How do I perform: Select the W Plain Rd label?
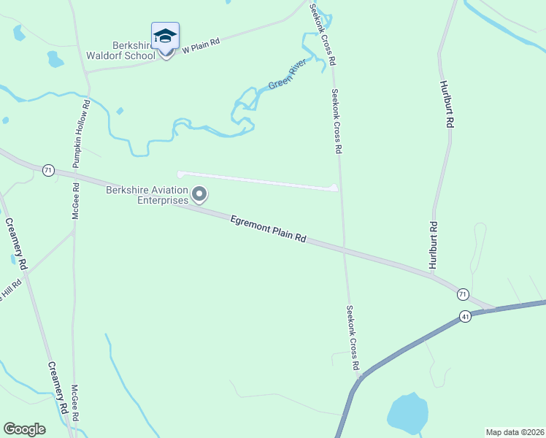(x=201, y=45)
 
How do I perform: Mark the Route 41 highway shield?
(x=465, y=316)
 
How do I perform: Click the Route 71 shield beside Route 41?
(x=463, y=294)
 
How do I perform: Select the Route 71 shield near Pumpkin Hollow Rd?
(x=48, y=169)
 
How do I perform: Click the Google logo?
(x=24, y=429)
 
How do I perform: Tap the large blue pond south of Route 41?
(x=407, y=413)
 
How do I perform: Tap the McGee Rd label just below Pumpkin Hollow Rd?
(x=76, y=201)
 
